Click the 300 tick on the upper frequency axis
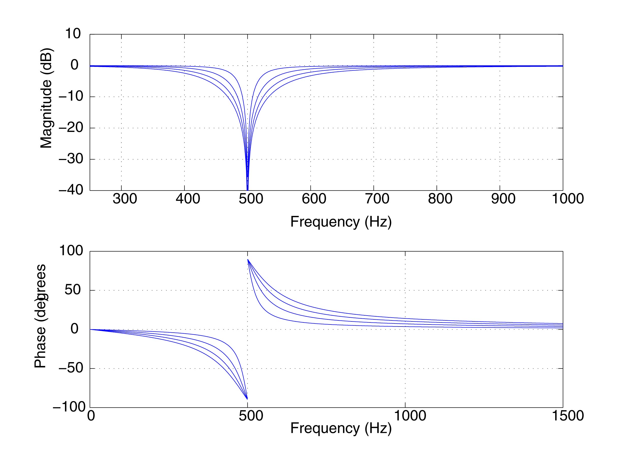(125, 199)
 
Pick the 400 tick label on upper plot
(188, 199)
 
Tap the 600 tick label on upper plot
(314, 199)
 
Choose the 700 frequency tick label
(377, 199)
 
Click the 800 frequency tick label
(440, 199)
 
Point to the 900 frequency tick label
(503, 199)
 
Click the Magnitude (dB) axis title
(46, 99)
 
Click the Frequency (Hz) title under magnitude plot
(341, 222)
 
